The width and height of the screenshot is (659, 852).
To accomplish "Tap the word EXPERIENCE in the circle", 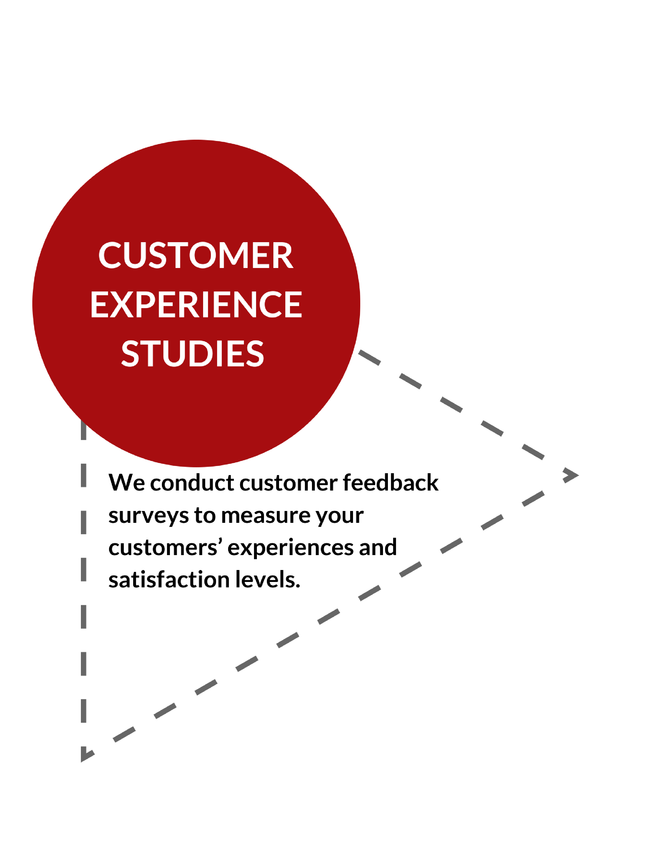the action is [x=196, y=304].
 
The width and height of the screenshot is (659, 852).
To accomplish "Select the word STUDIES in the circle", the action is [x=193, y=353].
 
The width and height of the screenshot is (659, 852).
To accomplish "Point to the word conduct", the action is [x=192, y=483].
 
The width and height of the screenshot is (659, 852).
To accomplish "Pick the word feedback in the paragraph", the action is [x=390, y=482].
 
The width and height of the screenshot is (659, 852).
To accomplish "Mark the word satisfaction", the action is [x=169, y=579].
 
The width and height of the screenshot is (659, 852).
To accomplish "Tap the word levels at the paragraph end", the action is [x=267, y=579].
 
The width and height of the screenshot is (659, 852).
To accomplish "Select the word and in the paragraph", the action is [x=378, y=547].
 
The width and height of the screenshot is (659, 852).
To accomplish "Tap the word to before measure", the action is [x=205, y=516].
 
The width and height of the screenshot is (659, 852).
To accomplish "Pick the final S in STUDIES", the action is [x=255, y=353].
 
